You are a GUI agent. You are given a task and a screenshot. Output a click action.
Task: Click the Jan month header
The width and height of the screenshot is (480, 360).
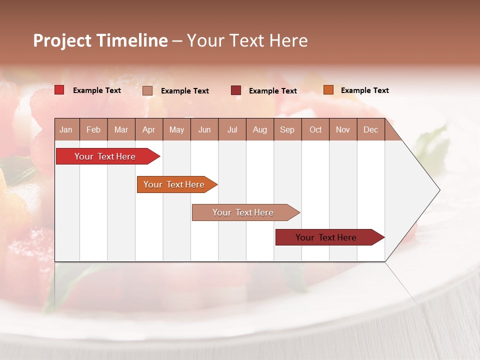point(66,129)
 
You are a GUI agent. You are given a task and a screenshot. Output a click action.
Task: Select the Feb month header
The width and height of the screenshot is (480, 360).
point(93,129)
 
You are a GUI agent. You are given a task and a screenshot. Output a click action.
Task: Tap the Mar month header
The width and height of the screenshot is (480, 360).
point(121,129)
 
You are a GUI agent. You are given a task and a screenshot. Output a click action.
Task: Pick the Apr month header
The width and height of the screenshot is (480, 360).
point(149,129)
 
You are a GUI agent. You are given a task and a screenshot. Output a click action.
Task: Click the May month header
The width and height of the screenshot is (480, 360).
point(176,129)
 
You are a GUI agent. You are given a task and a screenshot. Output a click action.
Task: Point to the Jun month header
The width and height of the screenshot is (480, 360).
point(204,129)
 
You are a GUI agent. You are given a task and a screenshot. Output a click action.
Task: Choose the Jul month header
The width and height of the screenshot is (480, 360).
point(232,129)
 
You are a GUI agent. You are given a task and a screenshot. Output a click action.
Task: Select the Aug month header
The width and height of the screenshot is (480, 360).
point(260,129)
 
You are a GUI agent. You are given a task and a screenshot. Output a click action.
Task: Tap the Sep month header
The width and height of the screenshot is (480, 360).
point(287,129)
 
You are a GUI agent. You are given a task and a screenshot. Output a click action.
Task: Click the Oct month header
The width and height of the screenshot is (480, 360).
point(315,129)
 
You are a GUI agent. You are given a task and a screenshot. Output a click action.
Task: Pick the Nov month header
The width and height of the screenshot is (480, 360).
point(343,129)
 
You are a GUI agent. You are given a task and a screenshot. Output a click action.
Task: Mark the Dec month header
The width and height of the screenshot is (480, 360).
point(371,129)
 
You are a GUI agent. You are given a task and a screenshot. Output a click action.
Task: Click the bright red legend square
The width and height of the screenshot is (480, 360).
point(59,90)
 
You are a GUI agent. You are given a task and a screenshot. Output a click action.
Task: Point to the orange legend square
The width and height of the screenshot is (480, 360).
point(328,90)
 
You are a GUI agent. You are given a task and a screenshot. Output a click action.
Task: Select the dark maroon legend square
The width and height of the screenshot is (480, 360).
point(236,90)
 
